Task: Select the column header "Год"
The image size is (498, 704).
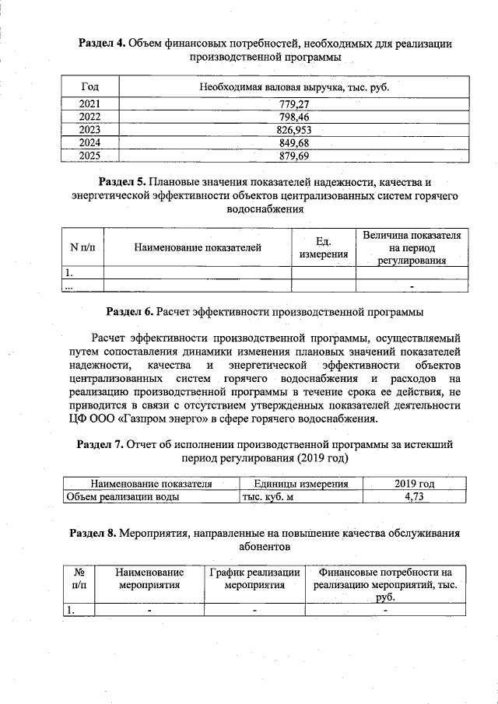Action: [89, 86]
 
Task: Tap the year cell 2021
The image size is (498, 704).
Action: [89, 103]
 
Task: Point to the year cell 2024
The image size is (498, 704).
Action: [89, 142]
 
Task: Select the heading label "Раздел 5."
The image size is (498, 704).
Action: [116, 182]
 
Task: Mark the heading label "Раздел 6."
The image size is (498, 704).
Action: [130, 312]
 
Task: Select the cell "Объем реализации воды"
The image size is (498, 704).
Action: [123, 496]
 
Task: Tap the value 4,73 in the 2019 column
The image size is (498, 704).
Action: [414, 496]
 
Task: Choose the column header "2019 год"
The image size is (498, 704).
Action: [414, 484]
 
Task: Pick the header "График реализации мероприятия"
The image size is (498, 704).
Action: [254, 579]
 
